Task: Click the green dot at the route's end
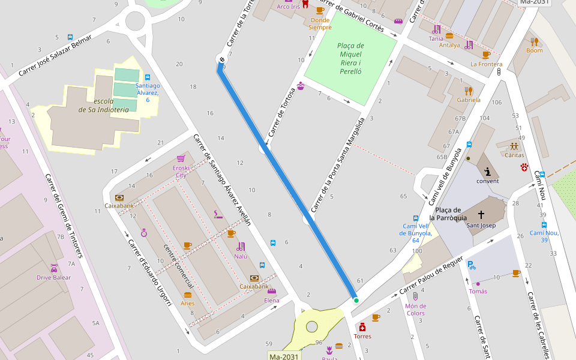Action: tap(356, 301)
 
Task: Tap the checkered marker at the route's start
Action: tap(222, 59)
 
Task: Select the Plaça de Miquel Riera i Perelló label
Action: tap(350, 58)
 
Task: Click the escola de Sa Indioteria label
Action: tap(103, 106)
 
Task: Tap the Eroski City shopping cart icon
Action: tap(181, 158)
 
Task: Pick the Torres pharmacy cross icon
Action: tap(362, 327)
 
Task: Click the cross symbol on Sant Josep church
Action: tap(481, 214)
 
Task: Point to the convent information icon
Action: tap(487, 171)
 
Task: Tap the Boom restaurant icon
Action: tap(534, 41)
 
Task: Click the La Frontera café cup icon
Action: tap(486, 55)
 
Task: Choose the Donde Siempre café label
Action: tap(320, 23)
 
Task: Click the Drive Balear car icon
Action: tap(54, 268)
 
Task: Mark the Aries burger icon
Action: tap(188, 295)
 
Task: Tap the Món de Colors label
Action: tap(415, 310)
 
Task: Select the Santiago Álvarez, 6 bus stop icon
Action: tap(147, 77)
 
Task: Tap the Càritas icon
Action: tap(514, 146)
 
